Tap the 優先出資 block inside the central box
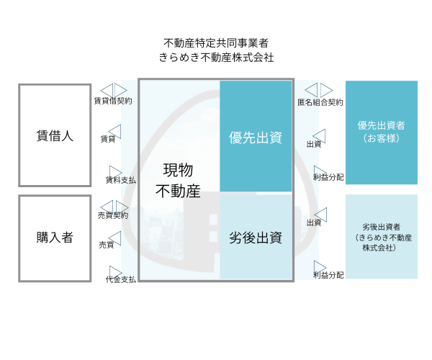coord(256,136)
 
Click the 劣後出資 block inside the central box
coord(256,237)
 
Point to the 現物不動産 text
coord(178,181)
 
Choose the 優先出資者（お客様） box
coord(382,132)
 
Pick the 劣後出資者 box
coord(382,237)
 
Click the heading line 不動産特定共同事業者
coord(216,43)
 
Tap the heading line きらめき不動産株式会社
coord(216,58)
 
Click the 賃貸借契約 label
coord(113,101)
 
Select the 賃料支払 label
coord(121,180)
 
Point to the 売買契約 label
coord(113,215)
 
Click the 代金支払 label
coord(121,279)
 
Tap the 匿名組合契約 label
coord(320,102)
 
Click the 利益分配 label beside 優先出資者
coord(329,177)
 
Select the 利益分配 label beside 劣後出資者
coord(329,275)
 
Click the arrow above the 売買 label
coord(115,238)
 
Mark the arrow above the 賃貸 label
coord(115,131)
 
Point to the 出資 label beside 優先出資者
coord(314,144)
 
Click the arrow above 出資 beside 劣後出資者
coord(320,215)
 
